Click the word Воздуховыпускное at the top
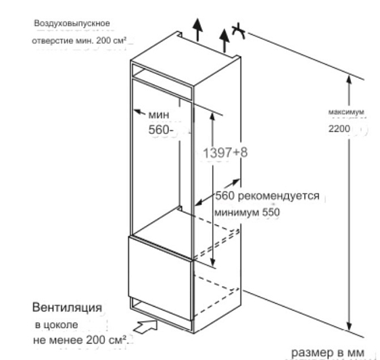(x=72, y=23)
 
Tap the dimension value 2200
(x=339, y=129)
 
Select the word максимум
(x=346, y=112)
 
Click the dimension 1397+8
(x=225, y=153)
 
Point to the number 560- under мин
(x=161, y=130)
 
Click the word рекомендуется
(x=279, y=196)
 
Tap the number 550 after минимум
(x=271, y=212)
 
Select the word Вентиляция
(x=67, y=307)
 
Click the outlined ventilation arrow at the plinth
(x=145, y=326)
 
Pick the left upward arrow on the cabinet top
(x=198, y=30)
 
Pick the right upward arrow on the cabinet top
(x=224, y=41)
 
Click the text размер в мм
(x=327, y=353)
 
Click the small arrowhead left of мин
(x=138, y=112)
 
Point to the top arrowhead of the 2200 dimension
(x=349, y=80)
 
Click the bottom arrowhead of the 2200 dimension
(x=349, y=326)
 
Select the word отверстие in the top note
(x=53, y=41)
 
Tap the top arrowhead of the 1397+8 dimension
(x=212, y=116)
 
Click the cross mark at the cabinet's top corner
(x=239, y=31)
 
